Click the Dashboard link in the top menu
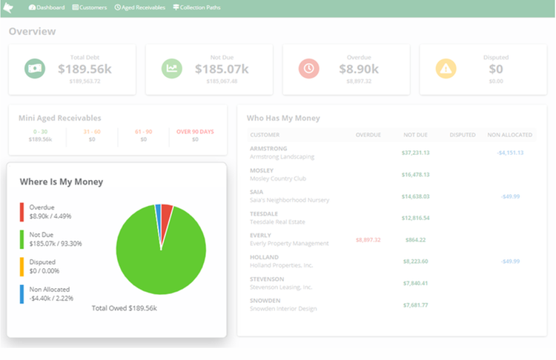pyautogui.click(x=47, y=7)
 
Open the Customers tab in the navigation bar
pyautogui.click(x=90, y=7)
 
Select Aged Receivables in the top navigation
pyautogui.click(x=141, y=7)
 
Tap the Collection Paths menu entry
pyautogui.click(x=196, y=7)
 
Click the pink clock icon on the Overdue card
pyautogui.click(x=308, y=68)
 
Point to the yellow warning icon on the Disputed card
pyautogui.click(x=446, y=68)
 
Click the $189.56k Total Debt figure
pyautogui.click(x=85, y=69)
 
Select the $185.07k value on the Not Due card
pyautogui.click(x=222, y=69)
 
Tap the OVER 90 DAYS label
pyautogui.click(x=195, y=132)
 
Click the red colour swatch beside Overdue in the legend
pyautogui.click(x=22, y=212)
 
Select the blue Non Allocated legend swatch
pyautogui.click(x=22, y=294)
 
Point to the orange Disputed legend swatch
pyautogui.click(x=22, y=267)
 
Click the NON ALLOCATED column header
pyautogui.click(x=509, y=135)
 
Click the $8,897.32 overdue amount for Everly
pyautogui.click(x=368, y=240)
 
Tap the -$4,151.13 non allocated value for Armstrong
pyautogui.click(x=510, y=153)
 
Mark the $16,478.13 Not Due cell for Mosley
pyautogui.click(x=415, y=175)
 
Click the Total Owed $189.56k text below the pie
pyautogui.click(x=124, y=307)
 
